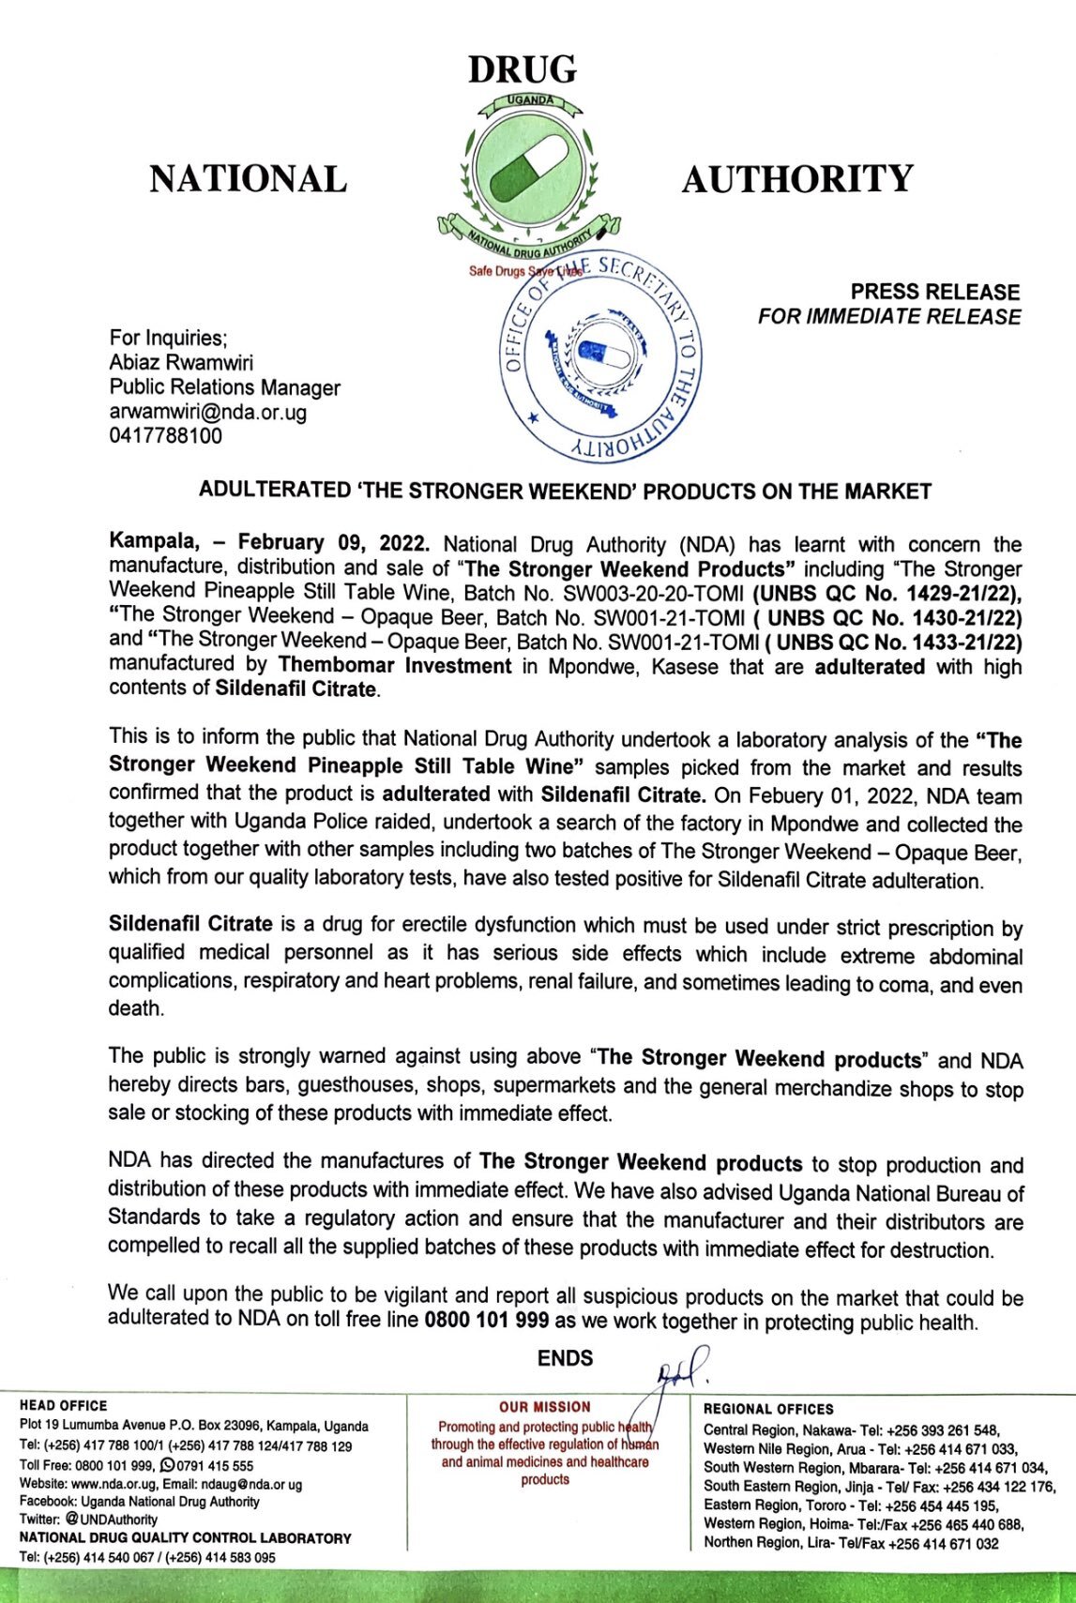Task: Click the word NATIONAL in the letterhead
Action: point(248,179)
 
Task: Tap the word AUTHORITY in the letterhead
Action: point(797,179)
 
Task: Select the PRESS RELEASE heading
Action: point(935,292)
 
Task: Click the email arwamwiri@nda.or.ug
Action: point(208,412)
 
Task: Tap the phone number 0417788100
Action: point(166,436)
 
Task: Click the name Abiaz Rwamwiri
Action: point(181,363)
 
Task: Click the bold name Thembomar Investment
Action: point(395,666)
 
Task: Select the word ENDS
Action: point(565,1358)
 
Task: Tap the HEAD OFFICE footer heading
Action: point(63,1405)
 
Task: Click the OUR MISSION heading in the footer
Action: point(545,1407)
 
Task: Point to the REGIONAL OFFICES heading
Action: point(768,1409)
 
